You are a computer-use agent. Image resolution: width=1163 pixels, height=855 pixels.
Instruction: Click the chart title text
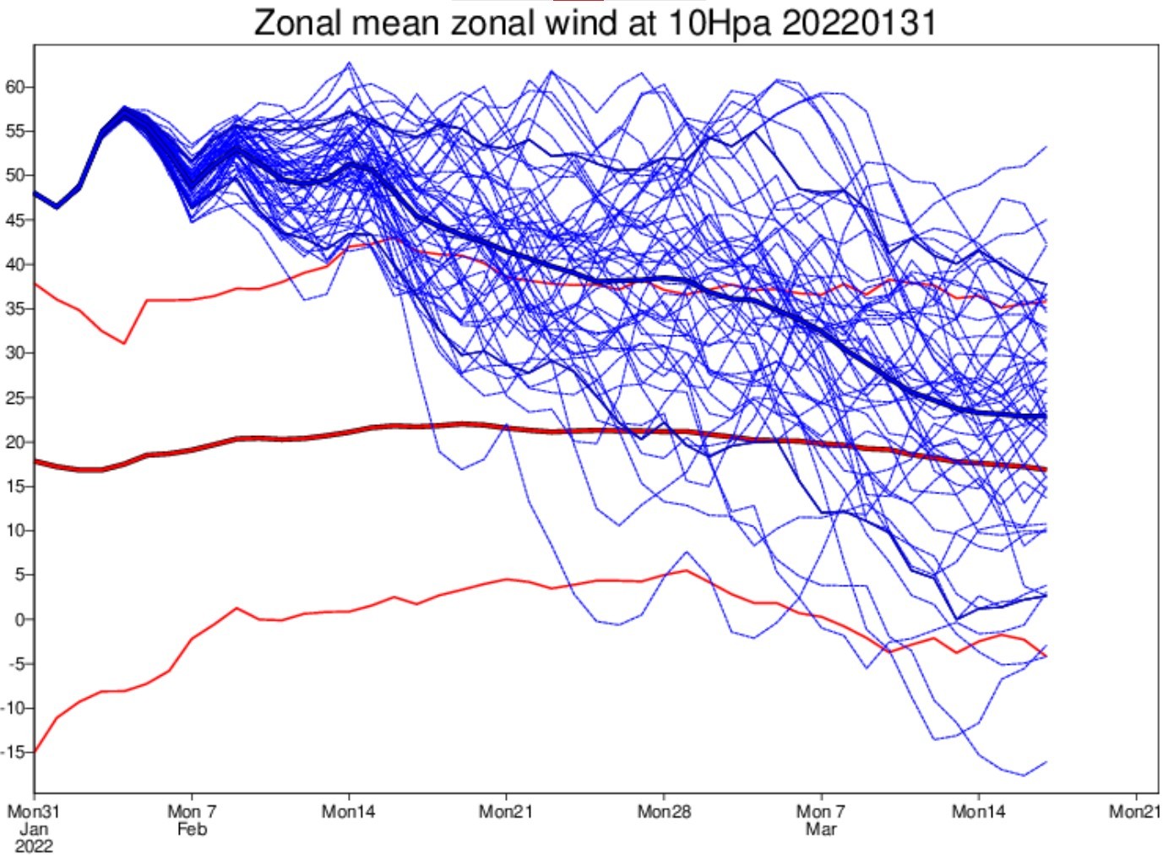pyautogui.click(x=595, y=24)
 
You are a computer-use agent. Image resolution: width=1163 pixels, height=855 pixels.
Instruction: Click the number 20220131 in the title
pyautogui.click(x=859, y=24)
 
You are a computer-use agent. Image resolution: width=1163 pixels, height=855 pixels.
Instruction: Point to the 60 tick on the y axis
pyautogui.click(x=14, y=87)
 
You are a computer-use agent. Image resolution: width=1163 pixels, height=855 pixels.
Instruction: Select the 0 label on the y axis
pyautogui.click(x=20, y=619)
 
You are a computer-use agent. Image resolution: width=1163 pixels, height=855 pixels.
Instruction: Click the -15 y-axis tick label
pyautogui.click(x=13, y=752)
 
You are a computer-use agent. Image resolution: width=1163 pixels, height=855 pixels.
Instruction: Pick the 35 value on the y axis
pyautogui.click(x=14, y=308)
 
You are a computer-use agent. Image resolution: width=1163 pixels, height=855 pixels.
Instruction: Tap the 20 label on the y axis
pyautogui.click(x=14, y=442)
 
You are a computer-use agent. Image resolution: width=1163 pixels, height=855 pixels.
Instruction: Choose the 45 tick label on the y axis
pyautogui.click(x=14, y=221)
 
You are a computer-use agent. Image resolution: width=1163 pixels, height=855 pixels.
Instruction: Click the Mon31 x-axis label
pyautogui.click(x=34, y=811)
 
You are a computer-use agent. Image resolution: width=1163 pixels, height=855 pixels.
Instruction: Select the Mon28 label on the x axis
pyautogui.click(x=664, y=811)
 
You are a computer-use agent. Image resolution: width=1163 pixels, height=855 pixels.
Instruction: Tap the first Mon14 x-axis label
pyautogui.click(x=348, y=811)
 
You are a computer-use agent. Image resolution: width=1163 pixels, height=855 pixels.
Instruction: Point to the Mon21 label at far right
pyautogui.click(x=1135, y=811)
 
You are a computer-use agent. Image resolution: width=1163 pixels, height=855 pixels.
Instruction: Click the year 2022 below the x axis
pyautogui.click(x=34, y=847)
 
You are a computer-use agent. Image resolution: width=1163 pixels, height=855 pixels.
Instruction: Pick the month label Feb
pyautogui.click(x=192, y=829)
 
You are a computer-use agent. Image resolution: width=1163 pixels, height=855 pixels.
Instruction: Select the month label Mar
pyautogui.click(x=822, y=829)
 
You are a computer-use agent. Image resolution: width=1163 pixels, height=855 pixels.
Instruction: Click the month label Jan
pyautogui.click(x=34, y=829)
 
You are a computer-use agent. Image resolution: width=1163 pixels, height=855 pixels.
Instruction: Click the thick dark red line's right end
pyautogui.click(x=1046, y=470)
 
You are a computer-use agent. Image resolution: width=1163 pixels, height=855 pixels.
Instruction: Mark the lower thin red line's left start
pyautogui.click(x=35, y=752)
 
